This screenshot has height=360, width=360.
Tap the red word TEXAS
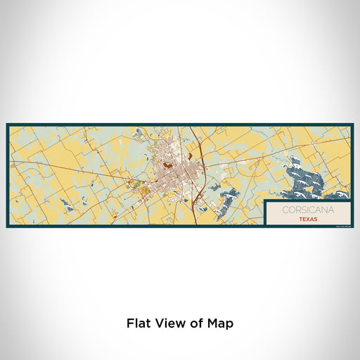(x=307, y=218)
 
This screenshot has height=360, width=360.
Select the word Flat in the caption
(x=138, y=324)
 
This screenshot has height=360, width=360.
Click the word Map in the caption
(x=219, y=324)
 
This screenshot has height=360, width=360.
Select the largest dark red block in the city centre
(x=168, y=167)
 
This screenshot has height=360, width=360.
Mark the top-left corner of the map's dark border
(x=7, y=124)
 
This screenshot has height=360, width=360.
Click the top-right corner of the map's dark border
(x=353, y=124)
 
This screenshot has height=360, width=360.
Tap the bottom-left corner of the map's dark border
(x=7, y=227)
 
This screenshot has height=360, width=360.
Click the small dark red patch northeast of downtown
(x=188, y=148)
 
